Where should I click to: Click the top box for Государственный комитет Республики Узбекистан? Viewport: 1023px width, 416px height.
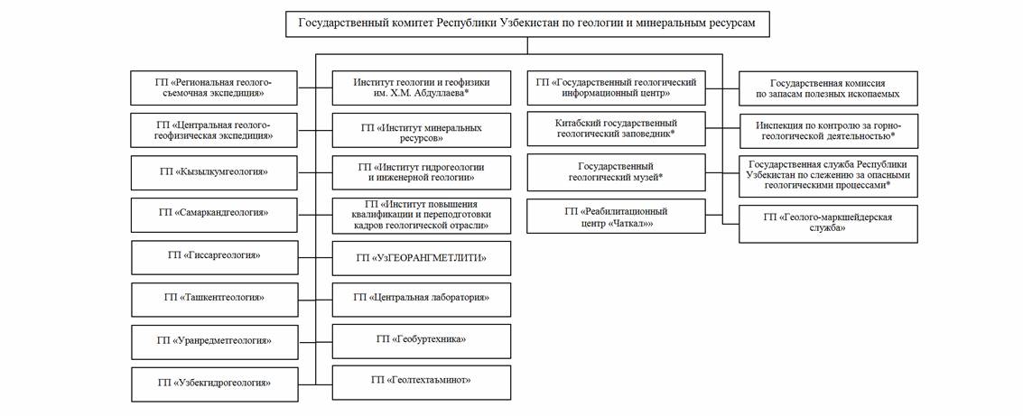pyautogui.click(x=527, y=23)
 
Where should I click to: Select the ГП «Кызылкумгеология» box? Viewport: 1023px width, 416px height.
pyautogui.click(x=214, y=171)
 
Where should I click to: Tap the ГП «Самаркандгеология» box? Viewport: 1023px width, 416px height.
pyautogui.click(x=214, y=214)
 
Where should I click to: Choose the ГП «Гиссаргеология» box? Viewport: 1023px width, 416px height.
pyautogui.click(x=214, y=256)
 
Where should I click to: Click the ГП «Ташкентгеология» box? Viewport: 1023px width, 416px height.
pyautogui.click(x=214, y=299)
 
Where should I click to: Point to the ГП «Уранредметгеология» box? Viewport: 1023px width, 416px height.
pyautogui.click(x=214, y=341)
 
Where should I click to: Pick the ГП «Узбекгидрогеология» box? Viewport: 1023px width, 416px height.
pyautogui.click(x=214, y=384)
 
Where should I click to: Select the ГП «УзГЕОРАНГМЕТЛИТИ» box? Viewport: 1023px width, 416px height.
pyautogui.click(x=422, y=259)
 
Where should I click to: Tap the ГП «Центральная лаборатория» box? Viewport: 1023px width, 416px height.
pyautogui.click(x=422, y=299)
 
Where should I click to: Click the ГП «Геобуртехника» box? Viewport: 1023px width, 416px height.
pyautogui.click(x=422, y=340)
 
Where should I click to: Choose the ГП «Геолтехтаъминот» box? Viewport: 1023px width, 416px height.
pyautogui.click(x=422, y=382)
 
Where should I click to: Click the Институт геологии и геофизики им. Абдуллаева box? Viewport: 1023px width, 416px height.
pyautogui.click(x=422, y=88)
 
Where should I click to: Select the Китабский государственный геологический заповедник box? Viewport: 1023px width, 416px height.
pyautogui.click(x=616, y=130)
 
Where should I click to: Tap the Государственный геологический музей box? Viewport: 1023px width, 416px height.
pyautogui.click(x=616, y=172)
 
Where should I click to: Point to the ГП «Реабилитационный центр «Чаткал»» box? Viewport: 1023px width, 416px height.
pyautogui.click(x=616, y=217)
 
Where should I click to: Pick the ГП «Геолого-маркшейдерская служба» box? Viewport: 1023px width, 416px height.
pyautogui.click(x=828, y=223)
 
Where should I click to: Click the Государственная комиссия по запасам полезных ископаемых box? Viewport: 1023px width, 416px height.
pyautogui.click(x=828, y=88)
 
